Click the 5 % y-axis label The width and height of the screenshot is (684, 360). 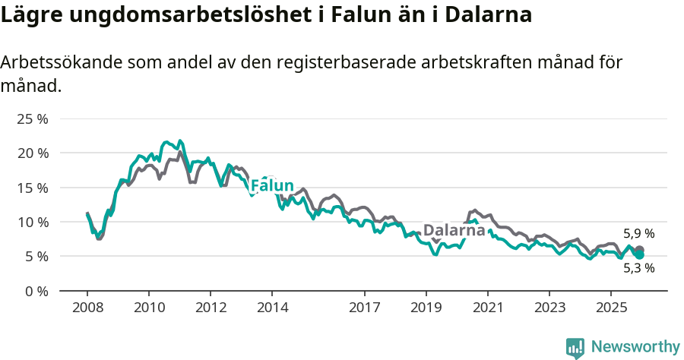click(x=36, y=257)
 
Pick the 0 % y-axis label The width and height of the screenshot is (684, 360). click(x=36, y=291)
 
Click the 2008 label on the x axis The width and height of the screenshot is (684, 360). click(x=87, y=308)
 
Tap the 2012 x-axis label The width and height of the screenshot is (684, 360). click(x=211, y=308)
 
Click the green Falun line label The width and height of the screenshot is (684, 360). click(x=272, y=186)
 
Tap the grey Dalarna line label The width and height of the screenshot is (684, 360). click(x=454, y=230)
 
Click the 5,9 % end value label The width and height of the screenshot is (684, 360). click(x=638, y=234)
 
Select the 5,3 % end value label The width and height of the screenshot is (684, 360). click(x=638, y=268)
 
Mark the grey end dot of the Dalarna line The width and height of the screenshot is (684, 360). click(x=640, y=250)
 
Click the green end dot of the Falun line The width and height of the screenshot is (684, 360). click(x=640, y=255)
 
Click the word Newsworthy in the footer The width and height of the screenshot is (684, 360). click(x=635, y=346)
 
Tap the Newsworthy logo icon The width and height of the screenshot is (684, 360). click(x=575, y=347)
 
